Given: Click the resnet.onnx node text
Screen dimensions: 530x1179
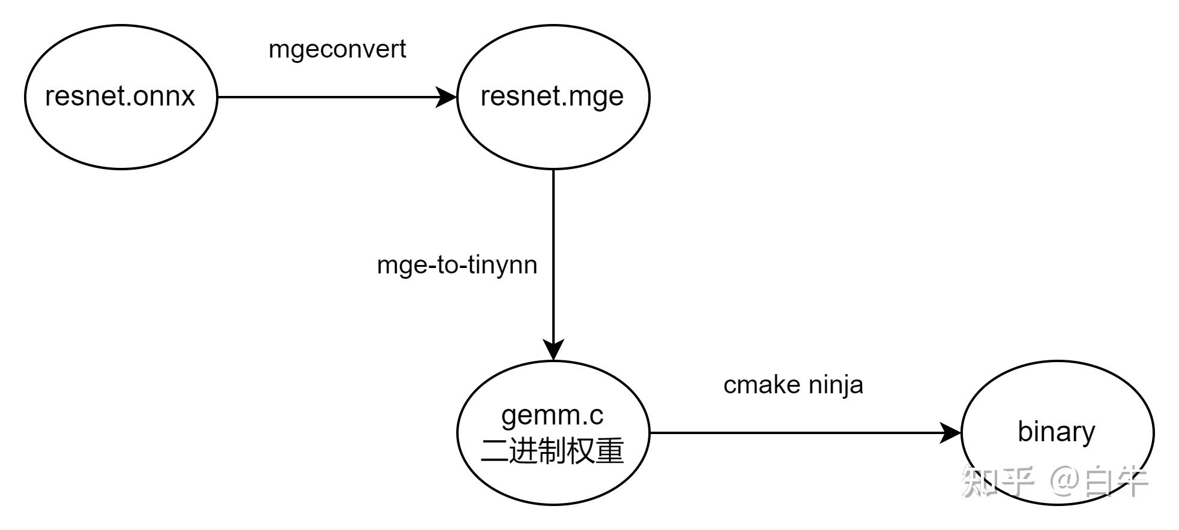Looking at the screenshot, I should (x=120, y=96).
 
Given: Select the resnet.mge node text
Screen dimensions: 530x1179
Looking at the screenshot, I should (x=552, y=96).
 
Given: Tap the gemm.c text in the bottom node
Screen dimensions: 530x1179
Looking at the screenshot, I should (x=552, y=415).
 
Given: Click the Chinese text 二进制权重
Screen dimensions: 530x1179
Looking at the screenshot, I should (x=552, y=451).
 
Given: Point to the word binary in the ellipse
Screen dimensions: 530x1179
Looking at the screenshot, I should (x=1056, y=432).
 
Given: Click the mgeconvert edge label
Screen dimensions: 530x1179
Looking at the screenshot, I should (x=337, y=49).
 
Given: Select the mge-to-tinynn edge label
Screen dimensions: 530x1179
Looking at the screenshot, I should (x=457, y=265).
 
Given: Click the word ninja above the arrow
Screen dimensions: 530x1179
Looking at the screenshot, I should (x=836, y=385).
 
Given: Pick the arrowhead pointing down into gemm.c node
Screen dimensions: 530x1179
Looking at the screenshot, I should (x=553, y=349).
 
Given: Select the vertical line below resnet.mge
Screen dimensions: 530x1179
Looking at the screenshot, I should (x=553, y=252).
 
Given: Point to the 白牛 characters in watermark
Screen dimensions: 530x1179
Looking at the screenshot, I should (x=1117, y=481).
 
